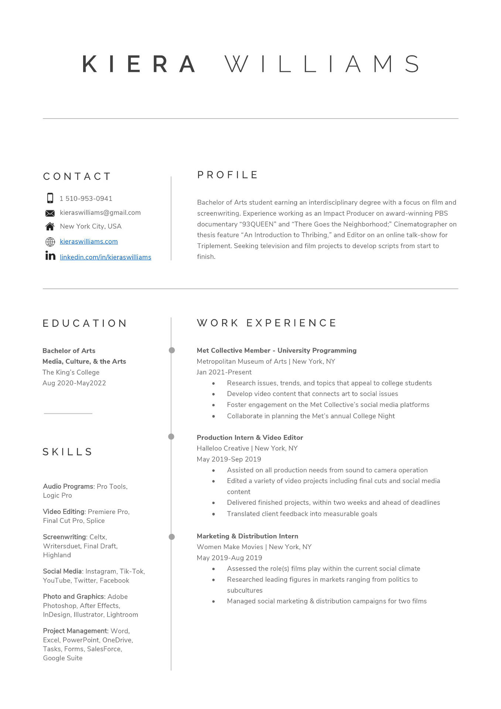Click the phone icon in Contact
point(50,198)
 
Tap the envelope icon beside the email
point(50,213)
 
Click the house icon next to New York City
point(50,226)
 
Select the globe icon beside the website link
point(50,242)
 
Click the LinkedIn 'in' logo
point(50,256)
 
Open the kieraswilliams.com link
point(89,242)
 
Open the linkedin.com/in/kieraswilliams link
point(105,257)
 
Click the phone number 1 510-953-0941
point(86,199)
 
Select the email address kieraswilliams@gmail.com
point(100,213)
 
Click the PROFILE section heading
point(227,175)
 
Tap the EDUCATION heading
point(85,323)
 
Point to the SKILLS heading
point(68,452)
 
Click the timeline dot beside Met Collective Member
point(172,350)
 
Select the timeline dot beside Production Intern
point(171,437)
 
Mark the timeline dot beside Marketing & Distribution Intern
point(172,537)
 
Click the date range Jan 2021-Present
point(224,372)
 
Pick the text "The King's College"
point(71,372)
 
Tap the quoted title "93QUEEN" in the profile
point(258,224)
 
